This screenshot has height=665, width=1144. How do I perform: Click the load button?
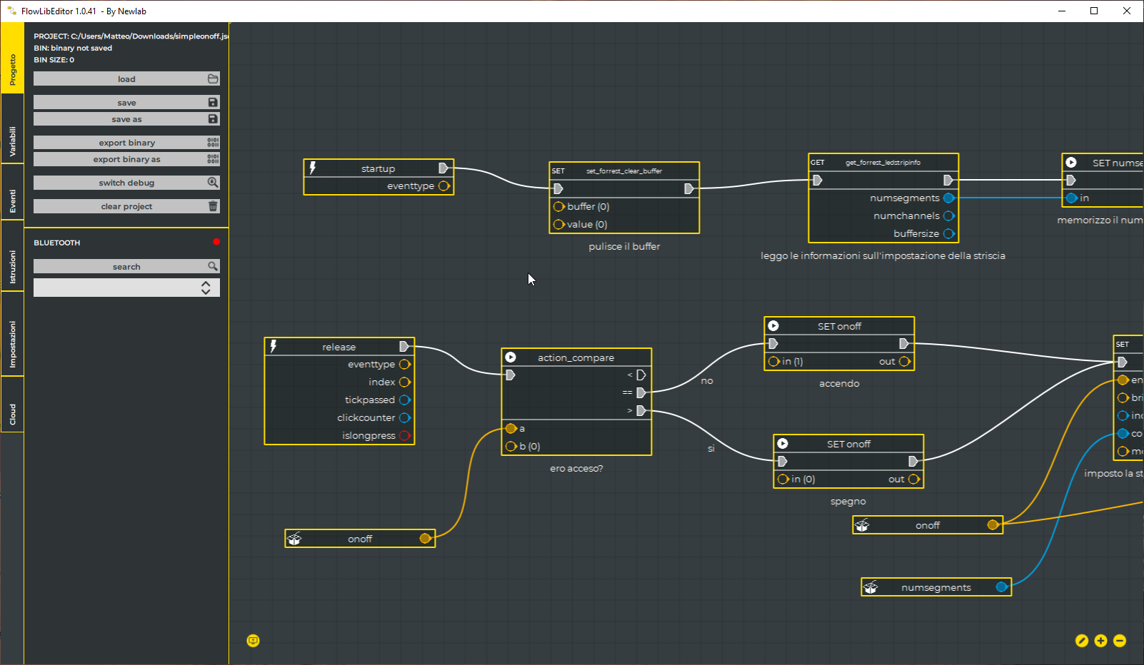126,79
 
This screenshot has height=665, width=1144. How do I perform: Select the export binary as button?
126,159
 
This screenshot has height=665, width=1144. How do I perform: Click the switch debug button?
126,183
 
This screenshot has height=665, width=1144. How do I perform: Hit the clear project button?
126,206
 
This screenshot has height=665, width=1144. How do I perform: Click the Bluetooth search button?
126,266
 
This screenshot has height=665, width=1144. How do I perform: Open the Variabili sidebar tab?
12,141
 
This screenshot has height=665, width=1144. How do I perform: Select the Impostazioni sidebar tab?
12,345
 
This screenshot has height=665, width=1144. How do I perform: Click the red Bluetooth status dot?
216,242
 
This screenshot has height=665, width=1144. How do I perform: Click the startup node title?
378,168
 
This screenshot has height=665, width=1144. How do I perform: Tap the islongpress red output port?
405,435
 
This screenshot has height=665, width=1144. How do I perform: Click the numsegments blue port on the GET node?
948,198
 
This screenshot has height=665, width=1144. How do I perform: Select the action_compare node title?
576,357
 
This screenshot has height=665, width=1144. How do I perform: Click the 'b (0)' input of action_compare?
511,446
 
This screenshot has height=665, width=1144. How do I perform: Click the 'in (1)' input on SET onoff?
774,362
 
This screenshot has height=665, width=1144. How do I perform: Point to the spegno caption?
848,502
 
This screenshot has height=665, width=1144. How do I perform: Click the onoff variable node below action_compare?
360,539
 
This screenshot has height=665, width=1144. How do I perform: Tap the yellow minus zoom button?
1120,641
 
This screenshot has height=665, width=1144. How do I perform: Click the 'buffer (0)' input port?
559,206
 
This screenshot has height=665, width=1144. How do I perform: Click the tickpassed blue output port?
405,400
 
